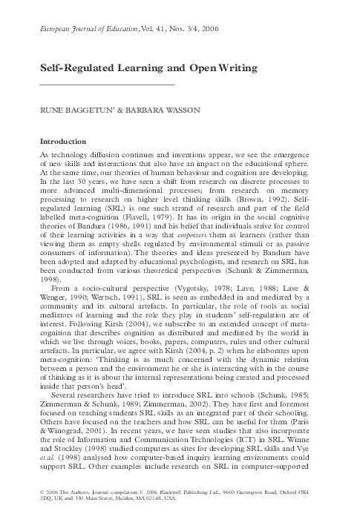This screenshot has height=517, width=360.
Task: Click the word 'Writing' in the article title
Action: [235, 68]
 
